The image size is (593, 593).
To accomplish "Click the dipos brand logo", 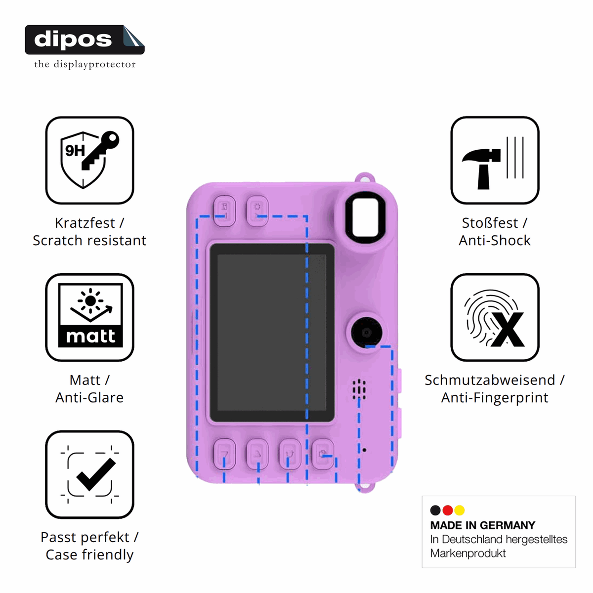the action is pyautogui.click(x=85, y=40).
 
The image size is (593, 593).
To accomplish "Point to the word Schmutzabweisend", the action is pyautogui.click(x=490, y=380).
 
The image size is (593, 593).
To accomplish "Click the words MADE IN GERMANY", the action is pyautogui.click(x=482, y=525).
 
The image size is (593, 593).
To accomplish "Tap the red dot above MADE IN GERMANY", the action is pyautogui.click(x=447, y=510).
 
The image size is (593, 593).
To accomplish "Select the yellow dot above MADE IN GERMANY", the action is pyautogui.click(x=460, y=510).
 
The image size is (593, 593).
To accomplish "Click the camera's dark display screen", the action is pyautogui.click(x=272, y=333).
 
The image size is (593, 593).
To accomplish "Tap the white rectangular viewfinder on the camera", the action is pyautogui.click(x=365, y=216).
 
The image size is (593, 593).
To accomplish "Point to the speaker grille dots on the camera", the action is pyautogui.click(x=359, y=389).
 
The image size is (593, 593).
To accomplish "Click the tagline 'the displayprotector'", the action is pyautogui.click(x=85, y=64).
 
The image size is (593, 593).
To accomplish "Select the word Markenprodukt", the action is pyautogui.click(x=468, y=553).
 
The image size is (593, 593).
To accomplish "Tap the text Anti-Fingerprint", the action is pyautogui.click(x=495, y=398).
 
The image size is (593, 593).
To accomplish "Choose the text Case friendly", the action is pyautogui.click(x=89, y=554).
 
